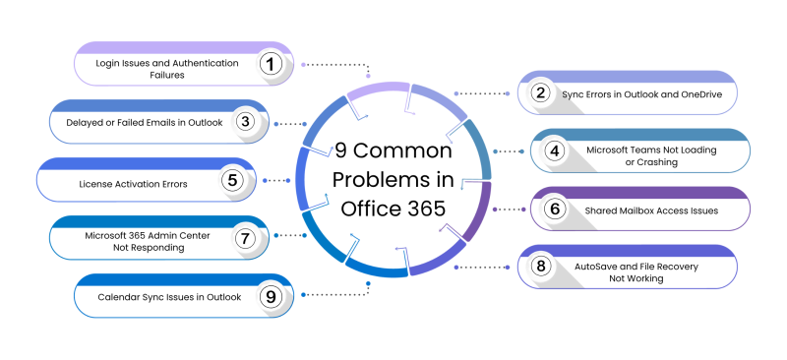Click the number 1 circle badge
point(272,64)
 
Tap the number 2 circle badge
point(540,93)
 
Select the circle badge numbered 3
point(246,122)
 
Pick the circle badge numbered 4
point(555,151)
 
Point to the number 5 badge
point(232,181)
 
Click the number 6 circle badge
point(555,210)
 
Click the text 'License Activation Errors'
point(134,182)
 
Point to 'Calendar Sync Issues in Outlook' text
point(166,296)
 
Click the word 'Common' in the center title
point(403,151)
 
